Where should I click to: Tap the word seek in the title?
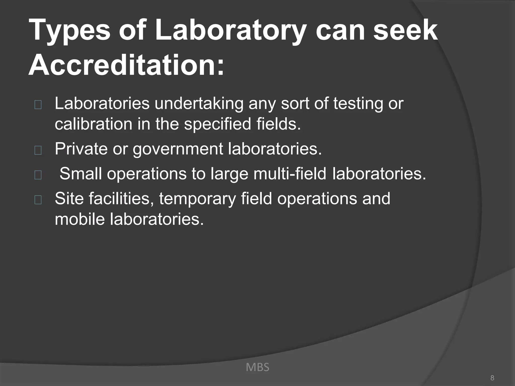(405, 31)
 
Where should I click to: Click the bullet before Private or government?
(38, 150)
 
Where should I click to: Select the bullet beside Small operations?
(38, 175)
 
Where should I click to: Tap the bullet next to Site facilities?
(38, 200)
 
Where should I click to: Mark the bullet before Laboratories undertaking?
(38, 105)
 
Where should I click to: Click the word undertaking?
(199, 104)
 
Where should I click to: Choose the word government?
(178, 149)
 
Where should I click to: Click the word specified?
(218, 124)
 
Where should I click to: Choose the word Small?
(80, 174)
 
